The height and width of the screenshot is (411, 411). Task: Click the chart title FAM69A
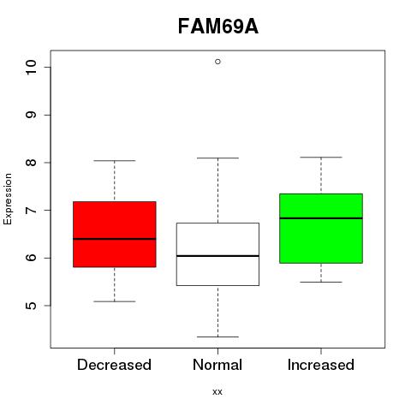coord(218,27)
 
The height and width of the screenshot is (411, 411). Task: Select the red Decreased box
coord(115,235)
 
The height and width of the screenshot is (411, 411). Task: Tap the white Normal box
coord(217,254)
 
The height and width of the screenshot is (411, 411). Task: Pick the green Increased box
coord(321,229)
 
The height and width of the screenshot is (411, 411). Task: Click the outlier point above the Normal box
coord(217,62)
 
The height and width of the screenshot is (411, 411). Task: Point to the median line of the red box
coord(115,239)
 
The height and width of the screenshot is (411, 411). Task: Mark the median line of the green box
coord(321,218)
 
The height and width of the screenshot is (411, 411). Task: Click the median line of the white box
coord(217,256)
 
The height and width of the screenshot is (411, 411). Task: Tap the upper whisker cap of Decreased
coord(115,160)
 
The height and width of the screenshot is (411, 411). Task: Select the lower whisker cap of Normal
coord(217,337)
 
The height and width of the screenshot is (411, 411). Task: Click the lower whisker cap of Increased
coord(321,282)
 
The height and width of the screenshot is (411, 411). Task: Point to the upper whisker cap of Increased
coord(321,157)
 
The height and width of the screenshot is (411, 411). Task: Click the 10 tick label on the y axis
coord(31,68)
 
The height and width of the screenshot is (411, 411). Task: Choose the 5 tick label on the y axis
coord(31,306)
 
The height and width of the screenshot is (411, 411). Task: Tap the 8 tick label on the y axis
coord(31,163)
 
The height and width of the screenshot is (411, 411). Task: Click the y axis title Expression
coord(8,199)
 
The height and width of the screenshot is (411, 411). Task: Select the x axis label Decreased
coord(114,365)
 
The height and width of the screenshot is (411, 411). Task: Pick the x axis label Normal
coord(217,365)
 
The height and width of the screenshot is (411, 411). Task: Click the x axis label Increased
coord(321,365)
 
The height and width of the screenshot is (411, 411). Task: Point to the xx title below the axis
coord(217,391)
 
